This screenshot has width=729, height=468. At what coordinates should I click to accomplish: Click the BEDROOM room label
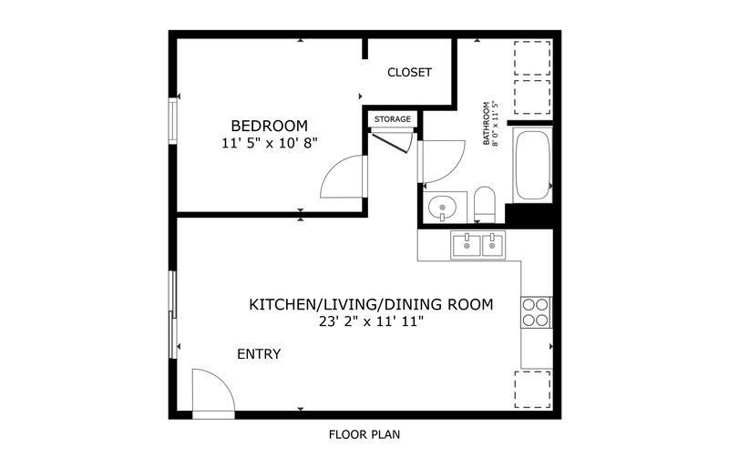[269, 126]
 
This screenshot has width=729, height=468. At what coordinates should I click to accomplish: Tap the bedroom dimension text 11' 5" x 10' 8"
[269, 143]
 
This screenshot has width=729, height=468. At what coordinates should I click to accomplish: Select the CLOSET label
[409, 73]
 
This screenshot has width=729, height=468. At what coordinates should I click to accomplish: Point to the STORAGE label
[393, 119]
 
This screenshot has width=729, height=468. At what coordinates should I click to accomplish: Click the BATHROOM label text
[487, 124]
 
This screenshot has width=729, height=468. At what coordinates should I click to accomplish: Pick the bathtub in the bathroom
[533, 165]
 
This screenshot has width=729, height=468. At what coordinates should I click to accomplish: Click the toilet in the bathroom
[485, 205]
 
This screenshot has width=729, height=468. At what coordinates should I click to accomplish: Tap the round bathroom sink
[442, 207]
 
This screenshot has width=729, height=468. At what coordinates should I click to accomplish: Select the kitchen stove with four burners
[536, 312]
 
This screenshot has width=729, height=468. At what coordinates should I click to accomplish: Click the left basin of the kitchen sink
[467, 246]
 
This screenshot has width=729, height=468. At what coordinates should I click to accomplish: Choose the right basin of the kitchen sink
[493, 246]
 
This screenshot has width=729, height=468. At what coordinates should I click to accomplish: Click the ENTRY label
[259, 354]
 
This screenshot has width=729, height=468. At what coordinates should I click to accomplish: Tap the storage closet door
[389, 143]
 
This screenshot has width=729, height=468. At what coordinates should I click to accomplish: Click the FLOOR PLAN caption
[364, 435]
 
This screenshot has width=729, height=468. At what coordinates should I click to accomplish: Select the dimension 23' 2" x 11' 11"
[371, 321]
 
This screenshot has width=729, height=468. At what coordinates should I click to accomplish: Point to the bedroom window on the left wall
[173, 120]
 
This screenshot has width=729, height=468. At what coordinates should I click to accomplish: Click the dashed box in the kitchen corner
[533, 390]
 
